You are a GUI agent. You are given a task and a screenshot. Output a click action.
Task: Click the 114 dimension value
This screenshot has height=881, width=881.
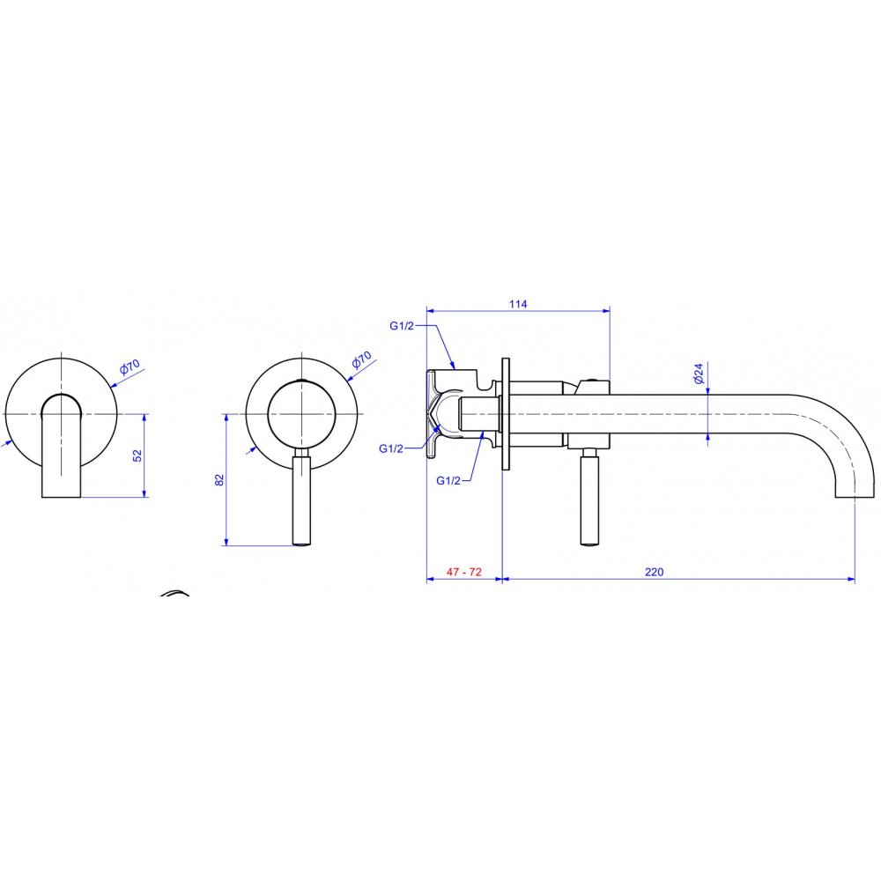tap(518, 304)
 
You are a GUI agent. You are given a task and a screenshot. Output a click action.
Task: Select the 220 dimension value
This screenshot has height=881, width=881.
tap(654, 572)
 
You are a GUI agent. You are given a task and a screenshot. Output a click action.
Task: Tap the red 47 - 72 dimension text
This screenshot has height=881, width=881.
tap(464, 572)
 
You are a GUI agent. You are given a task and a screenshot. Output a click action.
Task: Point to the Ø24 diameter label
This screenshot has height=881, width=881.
tap(699, 374)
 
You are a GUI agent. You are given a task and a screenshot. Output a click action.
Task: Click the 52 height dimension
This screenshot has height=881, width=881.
tap(137, 455)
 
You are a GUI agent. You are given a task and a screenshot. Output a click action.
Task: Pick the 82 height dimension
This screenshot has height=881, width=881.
tap(219, 480)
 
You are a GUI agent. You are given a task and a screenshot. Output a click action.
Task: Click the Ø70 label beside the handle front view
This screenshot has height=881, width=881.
tap(361, 359)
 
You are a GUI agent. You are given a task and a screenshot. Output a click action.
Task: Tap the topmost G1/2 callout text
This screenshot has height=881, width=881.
tap(402, 325)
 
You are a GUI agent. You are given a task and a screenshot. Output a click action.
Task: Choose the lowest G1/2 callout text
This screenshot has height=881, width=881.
tap(448, 480)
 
